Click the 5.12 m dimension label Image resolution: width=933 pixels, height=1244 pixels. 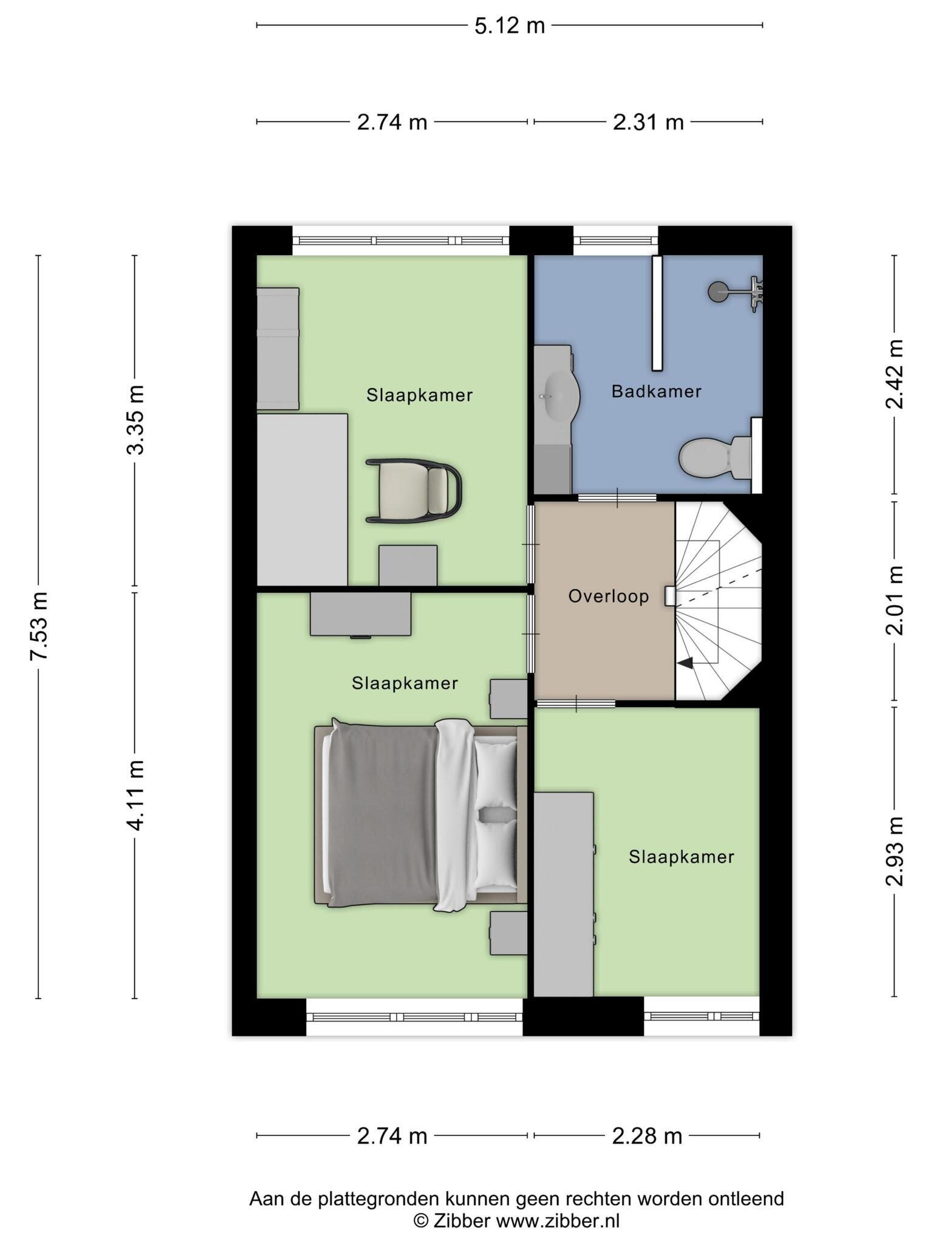click(x=510, y=26)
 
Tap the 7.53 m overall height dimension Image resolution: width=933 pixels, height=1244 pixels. click(x=39, y=626)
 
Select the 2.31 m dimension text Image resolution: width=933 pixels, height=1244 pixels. click(x=648, y=123)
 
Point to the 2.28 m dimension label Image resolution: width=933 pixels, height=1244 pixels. click(x=647, y=1136)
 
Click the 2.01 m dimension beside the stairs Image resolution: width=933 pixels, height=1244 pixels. click(x=894, y=600)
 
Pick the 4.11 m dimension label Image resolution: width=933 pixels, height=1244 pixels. click(x=135, y=796)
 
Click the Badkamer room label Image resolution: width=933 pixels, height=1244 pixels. click(x=657, y=392)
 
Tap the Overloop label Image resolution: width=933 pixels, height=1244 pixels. click(x=609, y=596)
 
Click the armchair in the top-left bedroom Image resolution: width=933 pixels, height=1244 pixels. click(x=413, y=491)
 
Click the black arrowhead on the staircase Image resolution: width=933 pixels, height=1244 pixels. click(x=685, y=663)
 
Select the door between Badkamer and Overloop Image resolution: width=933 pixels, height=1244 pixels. click(x=617, y=498)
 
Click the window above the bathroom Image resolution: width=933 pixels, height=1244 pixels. click(x=616, y=241)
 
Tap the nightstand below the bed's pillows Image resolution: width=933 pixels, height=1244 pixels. click(x=508, y=933)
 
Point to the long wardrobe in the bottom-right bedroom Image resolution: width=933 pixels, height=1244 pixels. click(x=564, y=894)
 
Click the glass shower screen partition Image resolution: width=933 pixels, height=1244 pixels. click(x=657, y=313)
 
